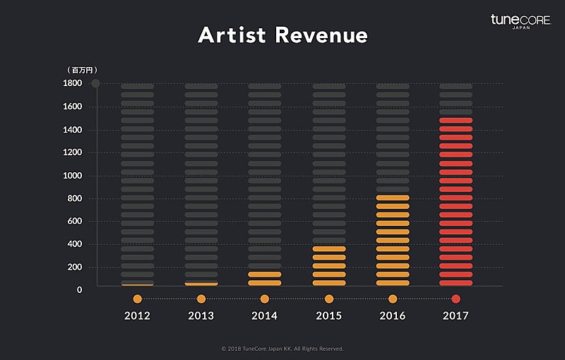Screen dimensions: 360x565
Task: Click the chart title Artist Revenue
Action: pyautogui.click(x=282, y=35)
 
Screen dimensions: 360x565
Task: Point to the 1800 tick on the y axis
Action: pyautogui.click(x=73, y=83)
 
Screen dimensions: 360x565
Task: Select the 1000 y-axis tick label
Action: pyautogui.click(x=73, y=175)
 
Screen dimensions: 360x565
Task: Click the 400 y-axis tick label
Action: pyautogui.click(x=75, y=244)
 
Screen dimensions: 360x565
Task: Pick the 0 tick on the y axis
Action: pyautogui.click(x=79, y=289)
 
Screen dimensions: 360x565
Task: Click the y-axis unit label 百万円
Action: pyautogui.click(x=82, y=70)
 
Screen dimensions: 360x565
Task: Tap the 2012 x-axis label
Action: pyautogui.click(x=137, y=316)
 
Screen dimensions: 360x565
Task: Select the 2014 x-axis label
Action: pyautogui.click(x=264, y=316)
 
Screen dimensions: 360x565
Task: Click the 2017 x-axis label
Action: pyautogui.click(x=456, y=316)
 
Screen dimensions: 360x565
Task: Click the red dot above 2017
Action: pyautogui.click(x=456, y=299)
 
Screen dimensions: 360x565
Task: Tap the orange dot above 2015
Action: pyautogui.click(x=328, y=299)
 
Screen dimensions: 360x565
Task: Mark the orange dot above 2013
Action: pyautogui.click(x=201, y=299)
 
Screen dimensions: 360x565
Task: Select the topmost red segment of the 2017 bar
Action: pyautogui.click(x=456, y=121)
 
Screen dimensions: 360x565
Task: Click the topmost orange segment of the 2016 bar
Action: pyautogui.click(x=392, y=198)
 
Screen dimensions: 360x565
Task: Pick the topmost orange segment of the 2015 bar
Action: pyautogui.click(x=328, y=248)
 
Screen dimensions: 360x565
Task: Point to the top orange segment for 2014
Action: pyautogui.click(x=264, y=274)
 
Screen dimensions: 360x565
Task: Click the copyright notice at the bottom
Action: pyautogui.click(x=282, y=349)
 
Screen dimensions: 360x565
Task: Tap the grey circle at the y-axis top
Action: pyautogui.click(x=95, y=83)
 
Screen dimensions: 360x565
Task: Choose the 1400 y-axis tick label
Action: pyautogui.click(x=73, y=129)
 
